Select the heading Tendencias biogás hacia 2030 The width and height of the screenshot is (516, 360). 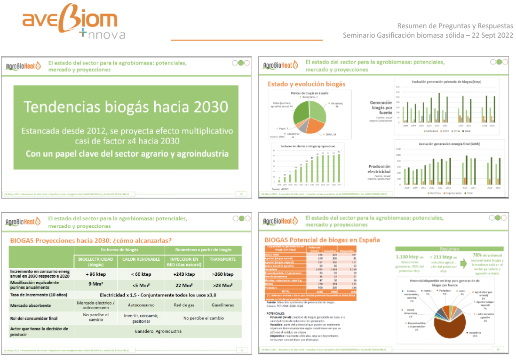pyautogui.click(x=126, y=107)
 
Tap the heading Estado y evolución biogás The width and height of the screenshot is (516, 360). pyautogui.click(x=306, y=84)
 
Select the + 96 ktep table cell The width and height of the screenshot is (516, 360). pyautogui.click(x=95, y=274)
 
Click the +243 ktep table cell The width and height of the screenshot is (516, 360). pyautogui.click(x=183, y=274)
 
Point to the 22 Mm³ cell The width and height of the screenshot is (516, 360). pyautogui.click(x=183, y=285)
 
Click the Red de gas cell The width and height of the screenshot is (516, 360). pyautogui.click(x=183, y=305)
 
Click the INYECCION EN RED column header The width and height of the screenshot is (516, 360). pyautogui.click(x=183, y=262)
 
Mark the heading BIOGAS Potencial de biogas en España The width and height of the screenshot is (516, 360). pyautogui.click(x=322, y=240)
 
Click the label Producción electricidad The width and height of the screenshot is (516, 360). pyautogui.click(x=379, y=169)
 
